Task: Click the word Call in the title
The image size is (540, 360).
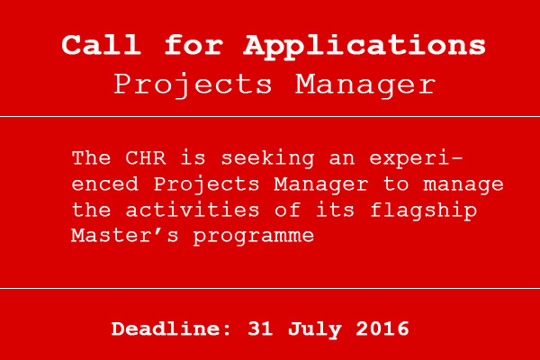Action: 101,45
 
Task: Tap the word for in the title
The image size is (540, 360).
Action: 193,45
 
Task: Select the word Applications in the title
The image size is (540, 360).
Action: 364,48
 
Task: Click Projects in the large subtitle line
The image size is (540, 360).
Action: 193,85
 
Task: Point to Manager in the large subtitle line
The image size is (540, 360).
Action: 365,85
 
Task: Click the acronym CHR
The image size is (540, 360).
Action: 145,158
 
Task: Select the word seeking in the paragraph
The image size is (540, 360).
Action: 267,159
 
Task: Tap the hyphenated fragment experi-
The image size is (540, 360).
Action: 416,159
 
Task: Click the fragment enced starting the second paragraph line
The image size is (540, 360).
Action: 105,184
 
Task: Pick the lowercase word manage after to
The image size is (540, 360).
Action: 463,185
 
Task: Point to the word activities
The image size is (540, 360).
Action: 193,210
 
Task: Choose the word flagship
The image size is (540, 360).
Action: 424,211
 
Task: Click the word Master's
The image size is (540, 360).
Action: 125,236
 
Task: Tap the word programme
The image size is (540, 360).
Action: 254,238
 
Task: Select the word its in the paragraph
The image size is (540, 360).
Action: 335,210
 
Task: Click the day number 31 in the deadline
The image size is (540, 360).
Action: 260,328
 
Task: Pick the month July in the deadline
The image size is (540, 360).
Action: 315,329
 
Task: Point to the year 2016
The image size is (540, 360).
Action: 382,328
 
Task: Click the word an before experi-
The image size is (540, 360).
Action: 342,159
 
